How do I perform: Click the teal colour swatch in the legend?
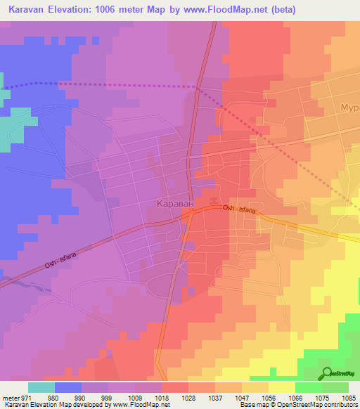point(41,387)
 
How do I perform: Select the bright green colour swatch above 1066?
point(308,387)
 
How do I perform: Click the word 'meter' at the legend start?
point(9,396)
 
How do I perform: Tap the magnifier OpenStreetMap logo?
point(326,373)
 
